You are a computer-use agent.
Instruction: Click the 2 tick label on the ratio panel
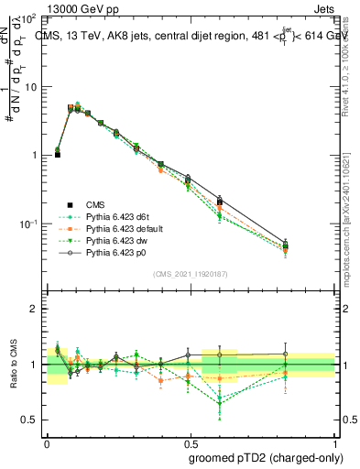36,309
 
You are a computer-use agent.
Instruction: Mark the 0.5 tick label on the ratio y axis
31,420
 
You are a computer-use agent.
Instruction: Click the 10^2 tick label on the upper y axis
29,17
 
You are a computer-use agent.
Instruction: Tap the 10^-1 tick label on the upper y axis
29,224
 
